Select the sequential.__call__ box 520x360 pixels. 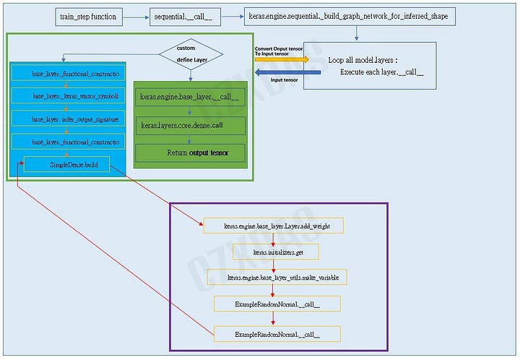point(181,16)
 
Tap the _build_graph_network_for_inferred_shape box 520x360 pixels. point(349,16)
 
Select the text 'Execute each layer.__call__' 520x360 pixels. point(381,72)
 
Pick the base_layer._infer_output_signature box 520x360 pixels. point(69,119)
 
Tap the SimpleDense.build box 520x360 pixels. point(67,165)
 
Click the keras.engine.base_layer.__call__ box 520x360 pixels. point(190,96)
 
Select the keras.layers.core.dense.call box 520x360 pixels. point(190,125)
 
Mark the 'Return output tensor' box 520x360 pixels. point(190,153)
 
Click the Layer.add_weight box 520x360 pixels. point(273,226)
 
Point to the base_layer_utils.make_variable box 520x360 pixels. point(277,278)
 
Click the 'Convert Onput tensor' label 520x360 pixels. point(279,48)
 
